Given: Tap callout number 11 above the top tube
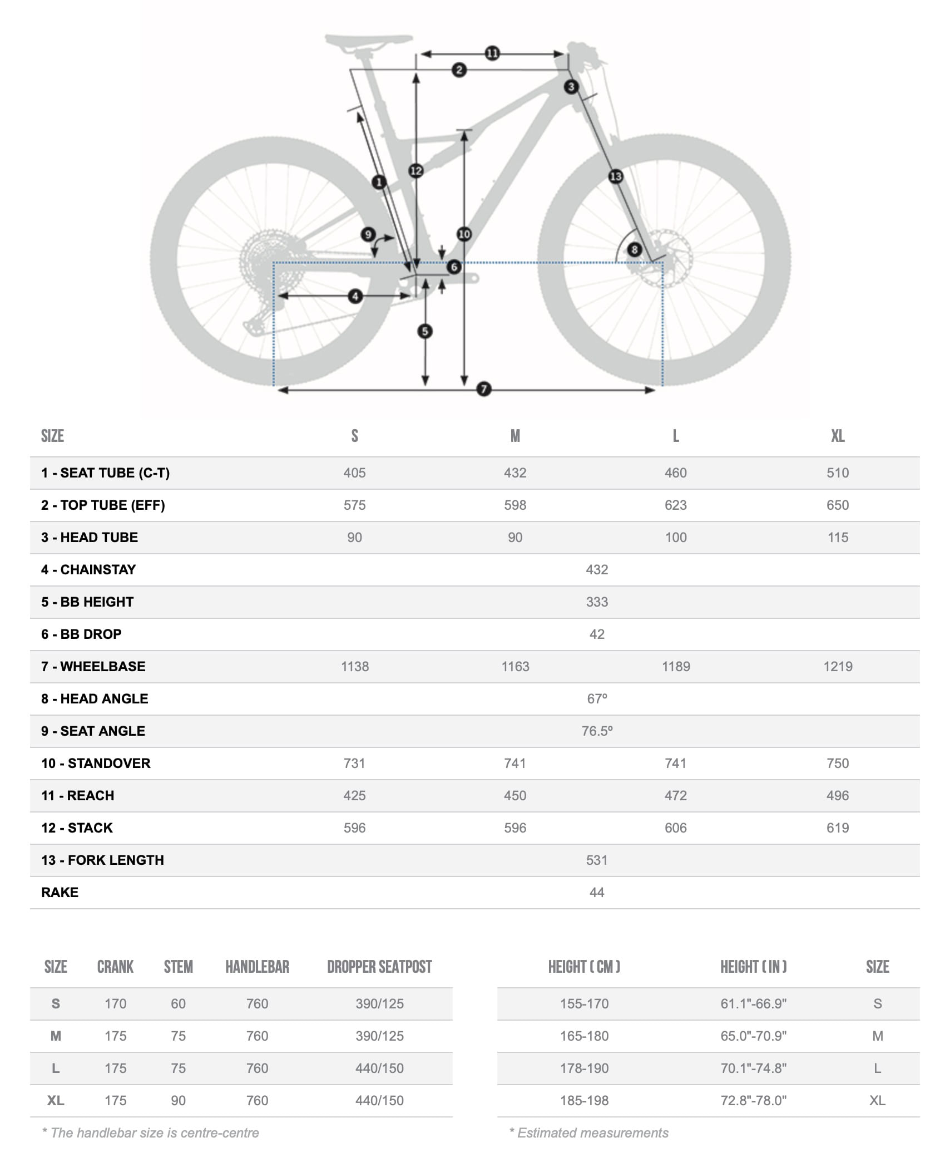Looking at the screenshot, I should [x=492, y=53].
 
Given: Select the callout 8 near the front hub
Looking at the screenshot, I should [x=634, y=249].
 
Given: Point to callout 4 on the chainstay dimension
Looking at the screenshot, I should [x=355, y=296].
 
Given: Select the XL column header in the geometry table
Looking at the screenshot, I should [x=838, y=436].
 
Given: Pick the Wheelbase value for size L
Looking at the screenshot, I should [x=676, y=666].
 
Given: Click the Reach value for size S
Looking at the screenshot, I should [x=354, y=795].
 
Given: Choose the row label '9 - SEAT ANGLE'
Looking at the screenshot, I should [x=93, y=731].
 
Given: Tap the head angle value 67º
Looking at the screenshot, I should [x=597, y=698].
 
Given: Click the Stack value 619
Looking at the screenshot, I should [x=838, y=828].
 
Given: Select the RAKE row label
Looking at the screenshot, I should [x=60, y=892].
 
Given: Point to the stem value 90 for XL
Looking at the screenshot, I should [x=178, y=1100].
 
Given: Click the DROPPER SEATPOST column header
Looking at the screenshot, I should [x=379, y=967].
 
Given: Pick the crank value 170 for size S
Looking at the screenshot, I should [x=116, y=1003].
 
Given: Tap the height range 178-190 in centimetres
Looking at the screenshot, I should [x=584, y=1068].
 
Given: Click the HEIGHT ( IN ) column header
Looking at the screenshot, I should [x=753, y=967].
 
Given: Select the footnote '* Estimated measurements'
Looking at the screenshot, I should [x=589, y=1133].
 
